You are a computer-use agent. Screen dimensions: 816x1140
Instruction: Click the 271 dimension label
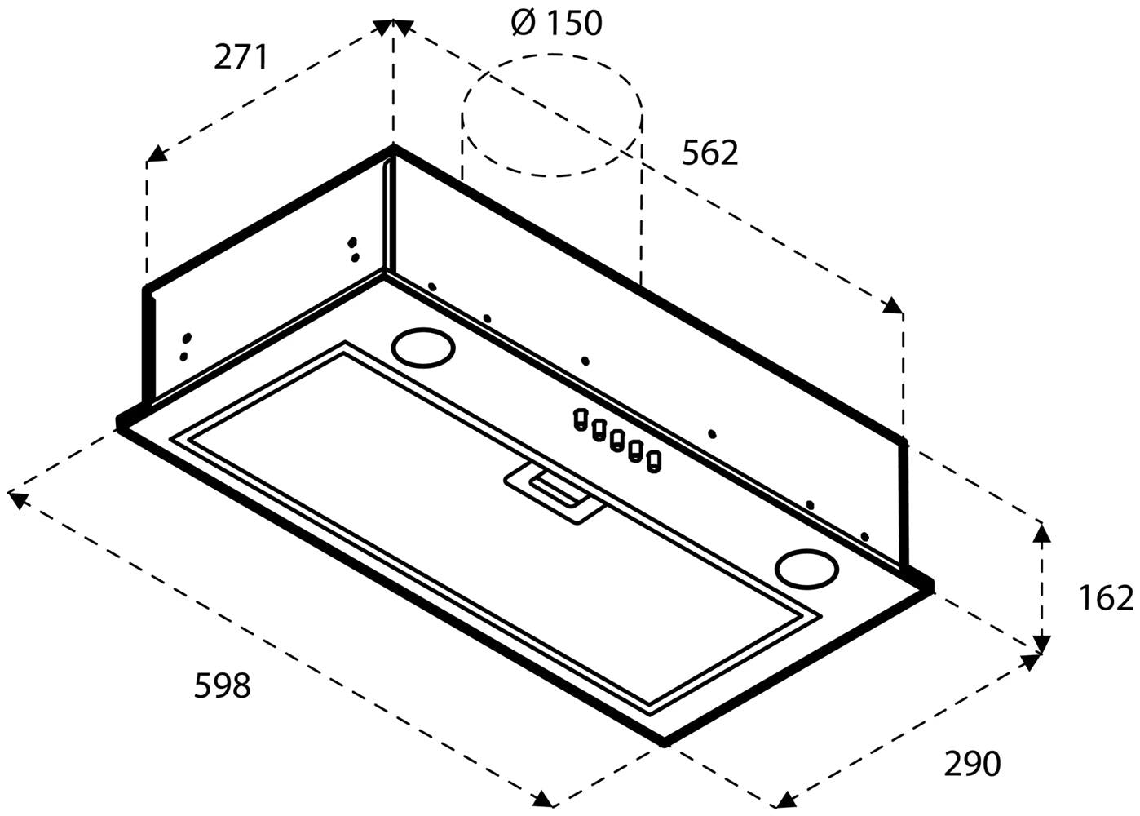[x=241, y=57]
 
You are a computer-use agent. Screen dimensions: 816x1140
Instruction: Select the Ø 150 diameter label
[x=557, y=23]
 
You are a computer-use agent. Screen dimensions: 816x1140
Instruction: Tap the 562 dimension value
[x=709, y=153]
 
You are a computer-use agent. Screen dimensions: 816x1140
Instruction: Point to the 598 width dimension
[x=222, y=685]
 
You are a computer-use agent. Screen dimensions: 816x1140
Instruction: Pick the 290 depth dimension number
[x=972, y=764]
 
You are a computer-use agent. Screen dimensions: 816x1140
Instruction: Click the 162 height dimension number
[x=1106, y=598]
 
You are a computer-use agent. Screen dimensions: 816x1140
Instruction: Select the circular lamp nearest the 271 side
[x=422, y=348]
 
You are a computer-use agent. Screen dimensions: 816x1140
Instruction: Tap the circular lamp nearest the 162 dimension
[x=806, y=566]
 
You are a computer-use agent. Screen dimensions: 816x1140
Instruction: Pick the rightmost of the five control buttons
[x=653, y=463]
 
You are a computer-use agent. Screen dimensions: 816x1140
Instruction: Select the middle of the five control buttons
[x=617, y=441]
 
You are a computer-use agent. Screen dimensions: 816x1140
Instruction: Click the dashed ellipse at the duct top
[x=552, y=114]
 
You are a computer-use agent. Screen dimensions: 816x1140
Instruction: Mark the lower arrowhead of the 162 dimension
[x=1041, y=645]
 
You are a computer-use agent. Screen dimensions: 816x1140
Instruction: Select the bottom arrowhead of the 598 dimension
[x=542, y=799]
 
